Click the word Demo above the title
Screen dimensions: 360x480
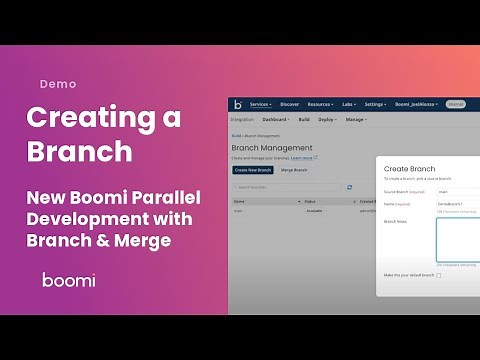58,84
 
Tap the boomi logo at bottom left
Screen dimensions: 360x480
69,280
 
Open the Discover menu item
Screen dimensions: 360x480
290,104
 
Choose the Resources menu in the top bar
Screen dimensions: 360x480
320,104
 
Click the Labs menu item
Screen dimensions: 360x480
348,104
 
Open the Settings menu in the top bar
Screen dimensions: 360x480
376,104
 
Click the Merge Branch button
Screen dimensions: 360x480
293,170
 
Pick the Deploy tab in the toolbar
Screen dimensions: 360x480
326,120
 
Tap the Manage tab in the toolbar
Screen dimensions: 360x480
355,120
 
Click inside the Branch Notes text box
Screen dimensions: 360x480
458,238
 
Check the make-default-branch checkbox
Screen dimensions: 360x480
438,275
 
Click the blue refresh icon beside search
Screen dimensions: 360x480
349,187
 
